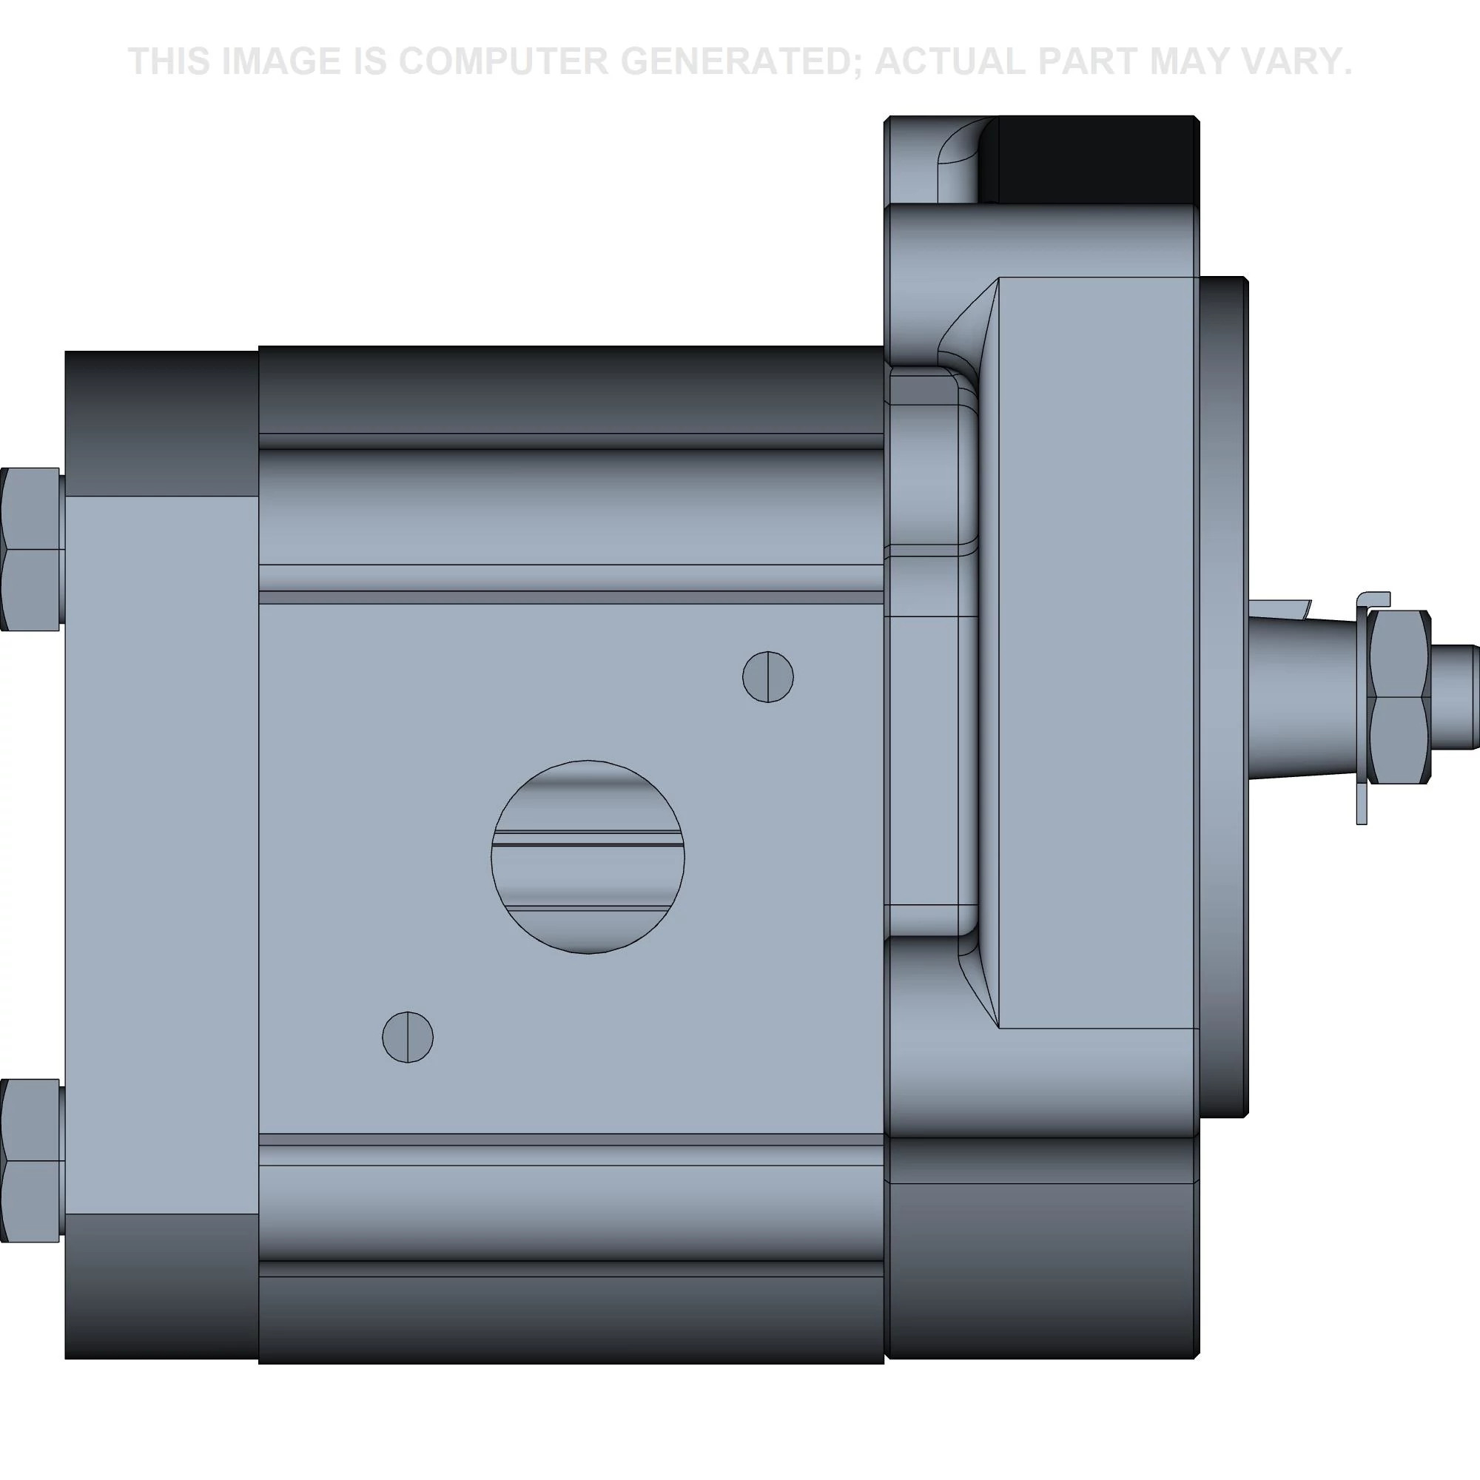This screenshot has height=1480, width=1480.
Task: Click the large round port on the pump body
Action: (588, 857)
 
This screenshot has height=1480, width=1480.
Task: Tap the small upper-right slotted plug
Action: (767, 676)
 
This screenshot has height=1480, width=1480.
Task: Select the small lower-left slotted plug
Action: (408, 1037)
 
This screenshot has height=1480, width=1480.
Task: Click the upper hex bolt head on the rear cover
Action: (30, 549)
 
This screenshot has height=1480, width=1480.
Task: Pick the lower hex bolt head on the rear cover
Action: (30, 1160)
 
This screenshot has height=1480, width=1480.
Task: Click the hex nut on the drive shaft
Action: (1399, 697)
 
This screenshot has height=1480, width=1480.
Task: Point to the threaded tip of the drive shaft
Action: (1455, 697)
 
